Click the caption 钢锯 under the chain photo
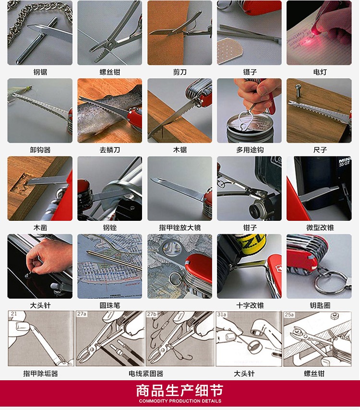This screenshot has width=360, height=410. coord(40,72)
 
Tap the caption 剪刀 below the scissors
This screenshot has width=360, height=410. coord(180,72)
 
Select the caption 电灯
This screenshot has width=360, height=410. coord(320,72)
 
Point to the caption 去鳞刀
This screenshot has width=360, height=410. coord(110,150)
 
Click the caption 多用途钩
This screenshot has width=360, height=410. coord(250,150)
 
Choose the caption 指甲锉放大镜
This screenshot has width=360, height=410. coord(180,228)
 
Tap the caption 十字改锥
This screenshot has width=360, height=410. coord(250,305)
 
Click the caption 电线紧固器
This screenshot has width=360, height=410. coord(146,374)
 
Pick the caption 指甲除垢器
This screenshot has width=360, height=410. coord(40,374)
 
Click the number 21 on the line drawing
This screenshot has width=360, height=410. coord(13,314)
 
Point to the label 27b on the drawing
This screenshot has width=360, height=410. coord(152,314)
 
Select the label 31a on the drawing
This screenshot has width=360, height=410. coord(222,314)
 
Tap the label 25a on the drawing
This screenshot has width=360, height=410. coord(289,314)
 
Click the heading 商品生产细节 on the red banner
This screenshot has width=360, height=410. coord(180,391)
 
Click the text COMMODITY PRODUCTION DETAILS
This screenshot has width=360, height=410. coord(180,401)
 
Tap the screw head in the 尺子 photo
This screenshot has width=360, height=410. coord(298,86)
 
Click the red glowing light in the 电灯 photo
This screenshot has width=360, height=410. coord(316,31)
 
